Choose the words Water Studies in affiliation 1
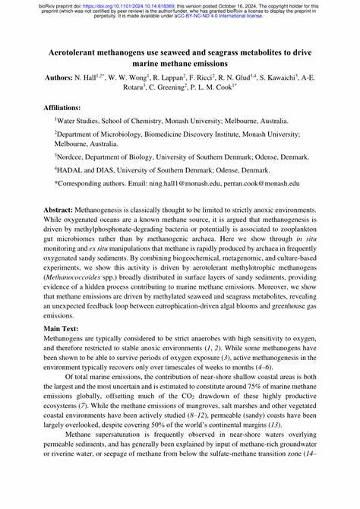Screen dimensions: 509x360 point(82,120)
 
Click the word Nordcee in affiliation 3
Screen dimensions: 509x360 point(75,157)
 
